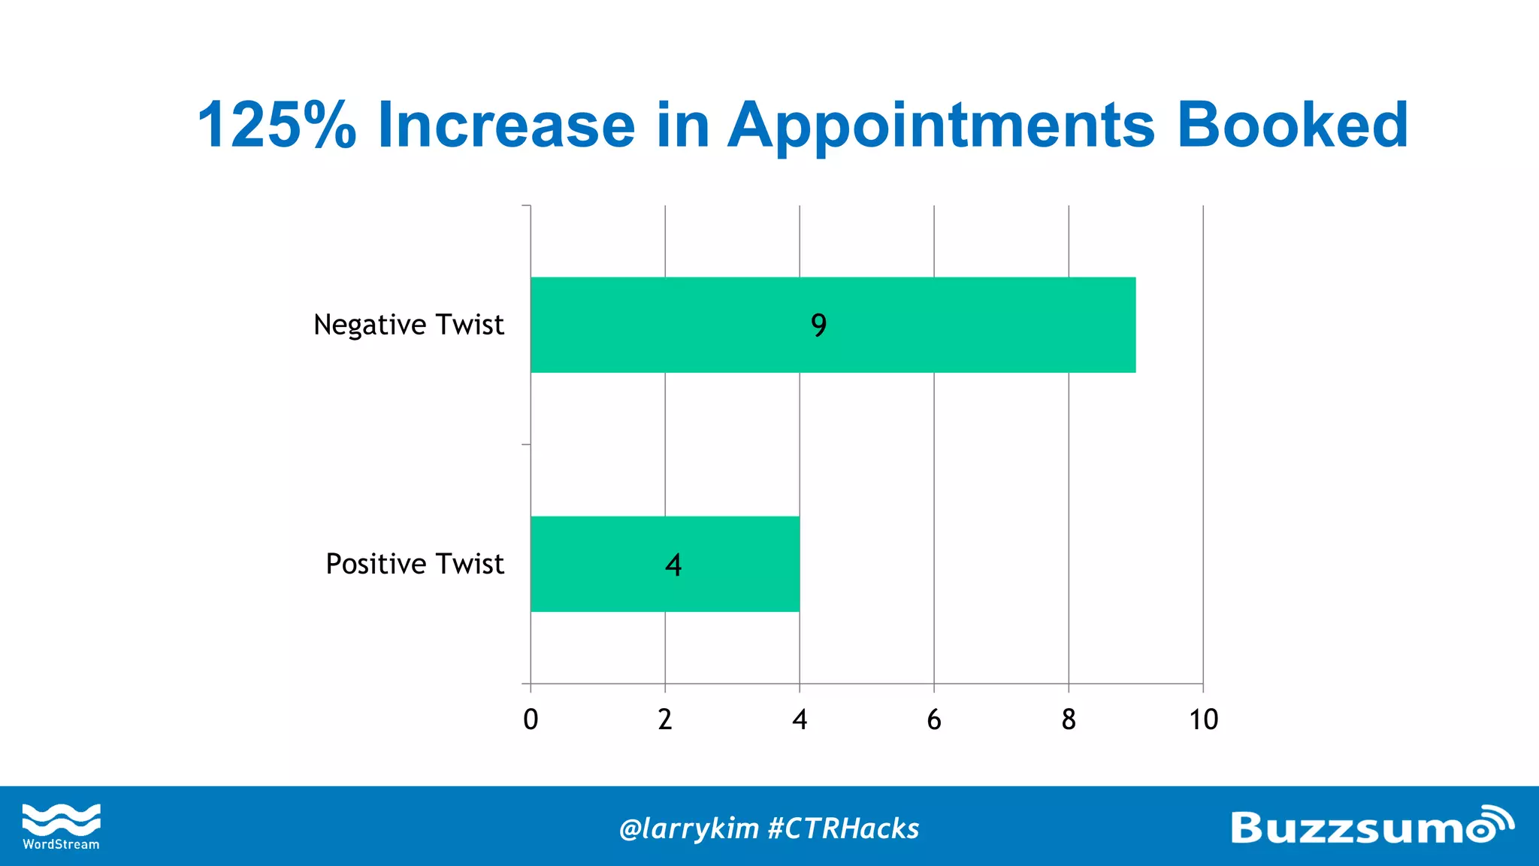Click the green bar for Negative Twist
[977, 325]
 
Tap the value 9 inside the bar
[818, 325]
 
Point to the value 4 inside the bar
[673, 565]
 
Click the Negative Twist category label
[408, 325]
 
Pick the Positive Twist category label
[414, 564]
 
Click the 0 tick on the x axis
[531, 719]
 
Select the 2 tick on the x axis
[665, 719]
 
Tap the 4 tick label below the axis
[800, 719]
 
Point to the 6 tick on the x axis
[934, 719]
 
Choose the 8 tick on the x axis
[1069, 719]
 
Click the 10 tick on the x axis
[1203, 719]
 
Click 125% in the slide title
[276, 125]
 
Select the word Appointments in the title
[941, 126]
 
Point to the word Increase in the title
[506, 125]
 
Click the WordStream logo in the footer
[61, 826]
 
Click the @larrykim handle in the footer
[688, 828]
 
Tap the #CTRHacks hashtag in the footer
[844, 828]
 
